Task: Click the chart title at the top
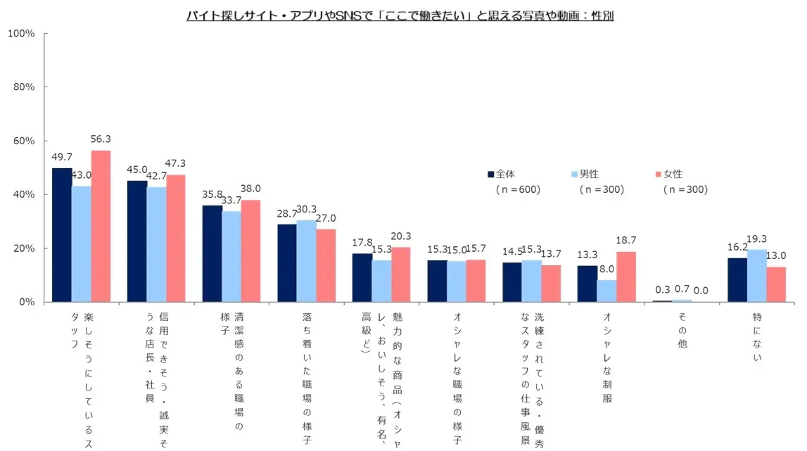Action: (x=400, y=15)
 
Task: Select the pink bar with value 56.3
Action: (x=101, y=226)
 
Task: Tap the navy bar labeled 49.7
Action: (x=62, y=235)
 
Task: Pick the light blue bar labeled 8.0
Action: (x=606, y=291)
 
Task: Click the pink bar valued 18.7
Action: (x=626, y=277)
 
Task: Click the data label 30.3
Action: (x=307, y=210)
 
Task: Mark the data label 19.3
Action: (x=757, y=239)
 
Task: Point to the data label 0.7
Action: (x=682, y=289)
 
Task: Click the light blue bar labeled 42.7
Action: (x=156, y=244)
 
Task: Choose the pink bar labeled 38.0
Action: (x=251, y=250)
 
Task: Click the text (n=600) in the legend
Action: (x=518, y=190)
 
